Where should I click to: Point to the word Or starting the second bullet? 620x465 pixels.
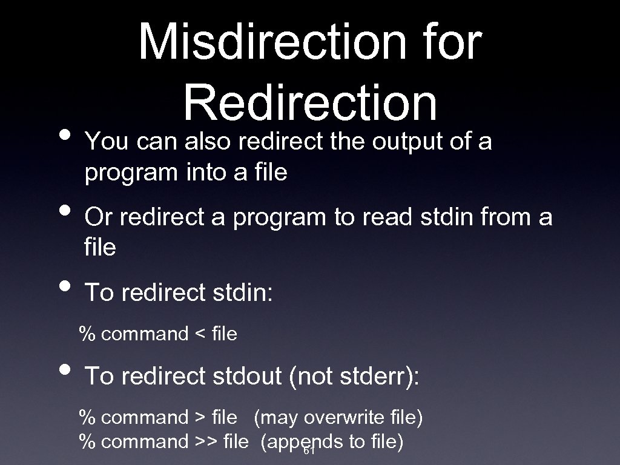(97, 217)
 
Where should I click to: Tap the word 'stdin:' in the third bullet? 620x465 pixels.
(243, 293)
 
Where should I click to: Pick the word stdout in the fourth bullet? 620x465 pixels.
(247, 376)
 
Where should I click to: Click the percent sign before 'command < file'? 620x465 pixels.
(88, 334)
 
